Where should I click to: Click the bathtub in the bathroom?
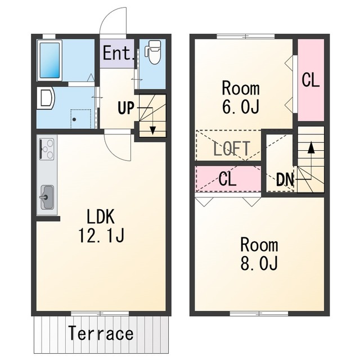click(x=49, y=60)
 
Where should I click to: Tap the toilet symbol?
click(x=153, y=52)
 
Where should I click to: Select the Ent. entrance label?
click(x=118, y=53)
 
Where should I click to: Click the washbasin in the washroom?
click(x=46, y=99)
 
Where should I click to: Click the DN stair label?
click(x=285, y=180)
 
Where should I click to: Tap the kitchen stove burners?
click(x=47, y=149)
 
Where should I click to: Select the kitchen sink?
click(x=47, y=197)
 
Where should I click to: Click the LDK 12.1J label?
click(x=101, y=226)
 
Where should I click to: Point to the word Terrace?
click(x=101, y=333)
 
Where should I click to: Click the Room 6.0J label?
click(x=241, y=97)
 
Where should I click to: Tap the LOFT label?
click(x=232, y=148)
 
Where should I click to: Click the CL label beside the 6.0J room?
click(x=310, y=80)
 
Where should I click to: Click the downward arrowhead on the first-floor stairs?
click(x=152, y=130)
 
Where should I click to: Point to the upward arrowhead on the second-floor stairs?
click(x=311, y=147)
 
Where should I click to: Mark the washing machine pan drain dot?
click(x=74, y=119)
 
